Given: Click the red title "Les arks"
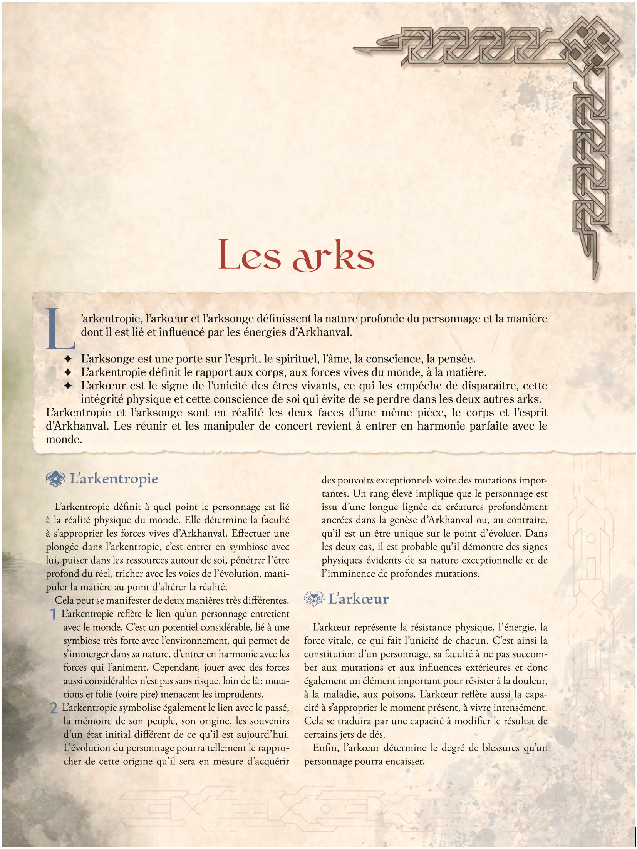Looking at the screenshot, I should tap(296, 255).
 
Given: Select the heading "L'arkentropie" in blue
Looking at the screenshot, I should tap(114, 479).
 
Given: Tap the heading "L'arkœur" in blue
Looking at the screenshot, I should tap(358, 599).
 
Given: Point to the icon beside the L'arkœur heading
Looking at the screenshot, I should tap(313, 599).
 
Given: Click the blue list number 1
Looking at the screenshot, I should tap(54, 614).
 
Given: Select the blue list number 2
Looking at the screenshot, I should tap(54, 708).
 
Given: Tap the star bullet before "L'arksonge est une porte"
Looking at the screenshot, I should tap(68, 359).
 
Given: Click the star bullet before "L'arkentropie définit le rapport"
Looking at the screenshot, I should tap(68, 372).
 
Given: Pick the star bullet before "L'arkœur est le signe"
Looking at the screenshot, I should tap(68, 386).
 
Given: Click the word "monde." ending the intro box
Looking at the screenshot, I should tap(64, 440).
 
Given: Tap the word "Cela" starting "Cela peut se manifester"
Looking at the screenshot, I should tap(64, 601).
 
